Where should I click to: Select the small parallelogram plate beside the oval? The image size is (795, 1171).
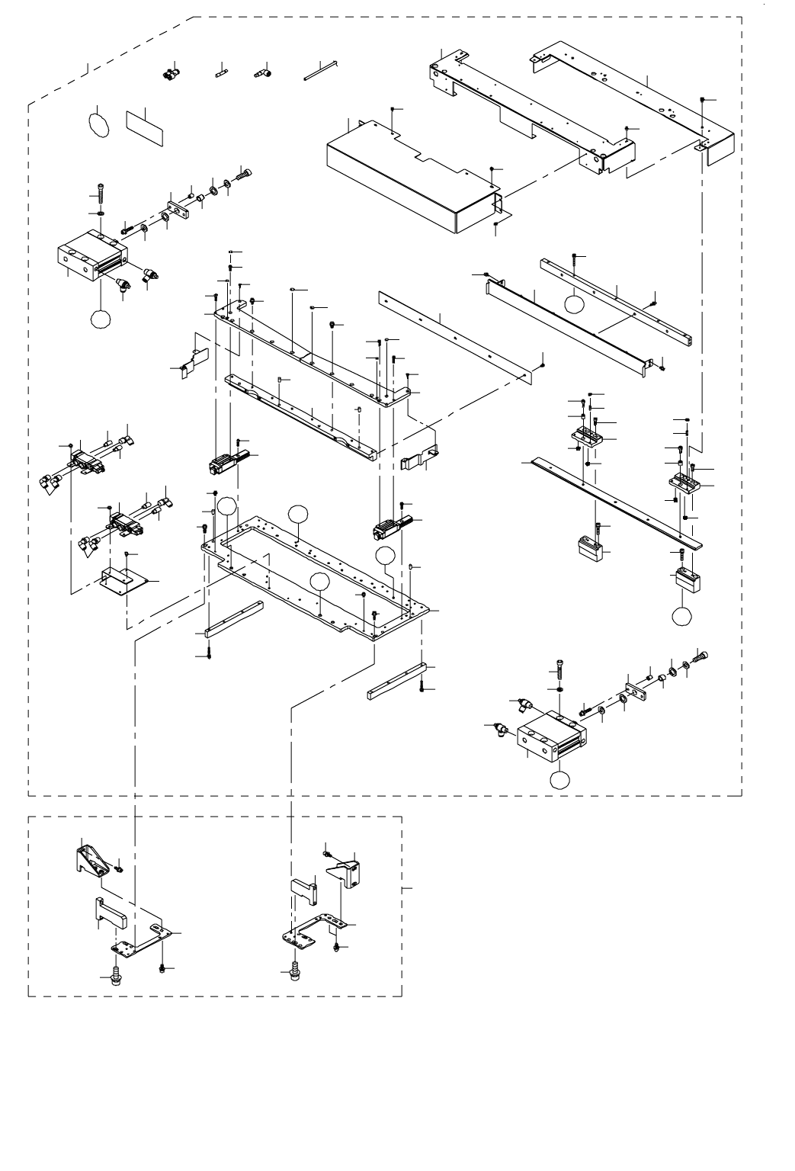(146, 125)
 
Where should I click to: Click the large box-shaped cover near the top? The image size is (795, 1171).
(412, 177)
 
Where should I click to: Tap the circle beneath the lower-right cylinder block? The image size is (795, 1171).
(560, 779)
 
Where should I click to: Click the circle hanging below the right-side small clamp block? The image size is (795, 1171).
(682, 615)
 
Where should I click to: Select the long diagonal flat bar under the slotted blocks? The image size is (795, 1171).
(617, 502)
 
